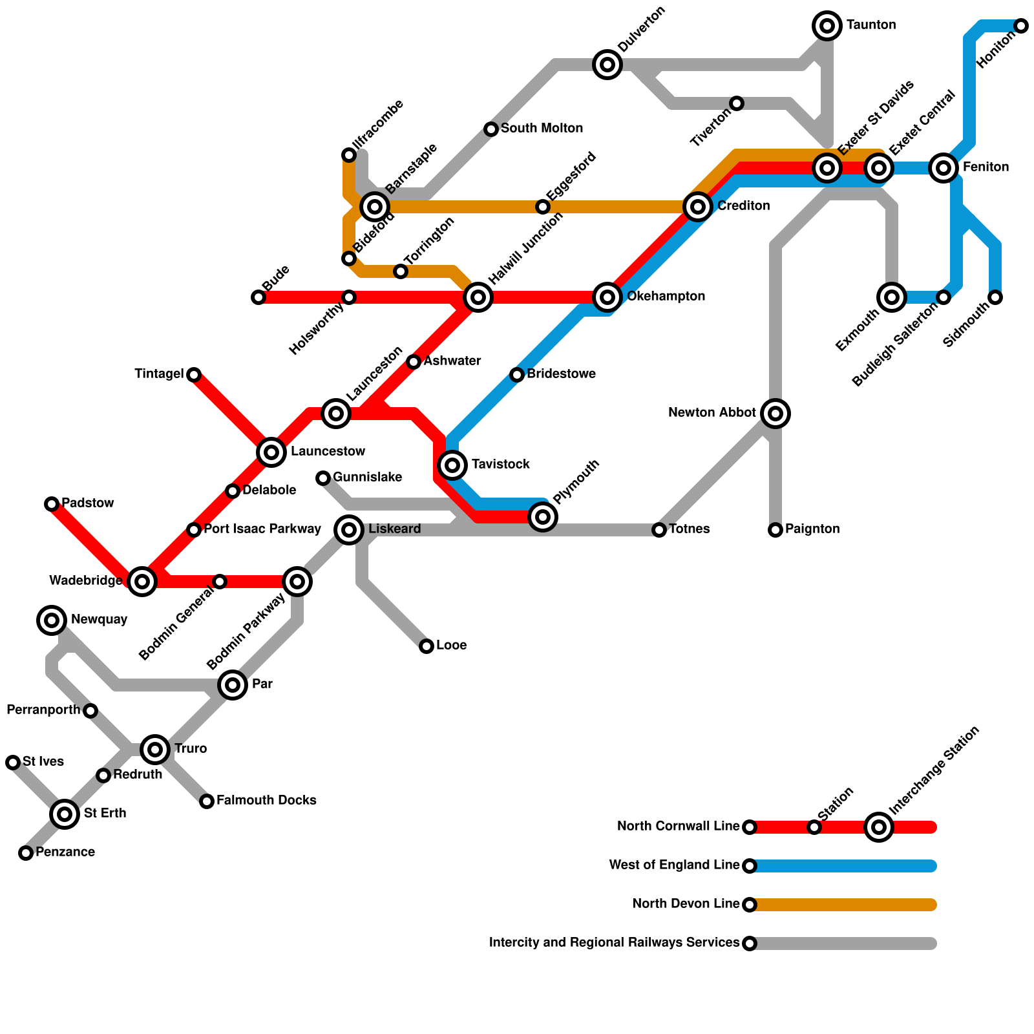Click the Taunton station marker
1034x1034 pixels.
click(x=827, y=26)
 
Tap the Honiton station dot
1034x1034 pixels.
click(x=1021, y=26)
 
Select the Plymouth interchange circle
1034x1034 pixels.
click(x=543, y=516)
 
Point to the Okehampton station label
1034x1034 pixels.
click(x=666, y=297)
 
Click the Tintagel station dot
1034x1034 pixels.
click(x=194, y=375)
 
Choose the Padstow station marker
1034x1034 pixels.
click(x=52, y=504)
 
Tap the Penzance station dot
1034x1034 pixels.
click(x=26, y=853)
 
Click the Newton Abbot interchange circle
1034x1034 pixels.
click(x=775, y=413)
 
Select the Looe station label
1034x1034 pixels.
click(x=451, y=646)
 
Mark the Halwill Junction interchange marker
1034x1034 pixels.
click(x=478, y=297)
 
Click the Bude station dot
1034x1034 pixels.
click(x=258, y=297)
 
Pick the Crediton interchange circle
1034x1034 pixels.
click(x=698, y=207)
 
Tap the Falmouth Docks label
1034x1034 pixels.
click(x=266, y=801)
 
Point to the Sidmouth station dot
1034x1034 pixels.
click(x=995, y=297)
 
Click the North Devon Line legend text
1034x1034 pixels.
click(x=685, y=904)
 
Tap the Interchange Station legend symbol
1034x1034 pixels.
click(x=879, y=827)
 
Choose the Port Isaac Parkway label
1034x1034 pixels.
click(x=262, y=529)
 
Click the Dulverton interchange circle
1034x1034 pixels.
click(x=607, y=65)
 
